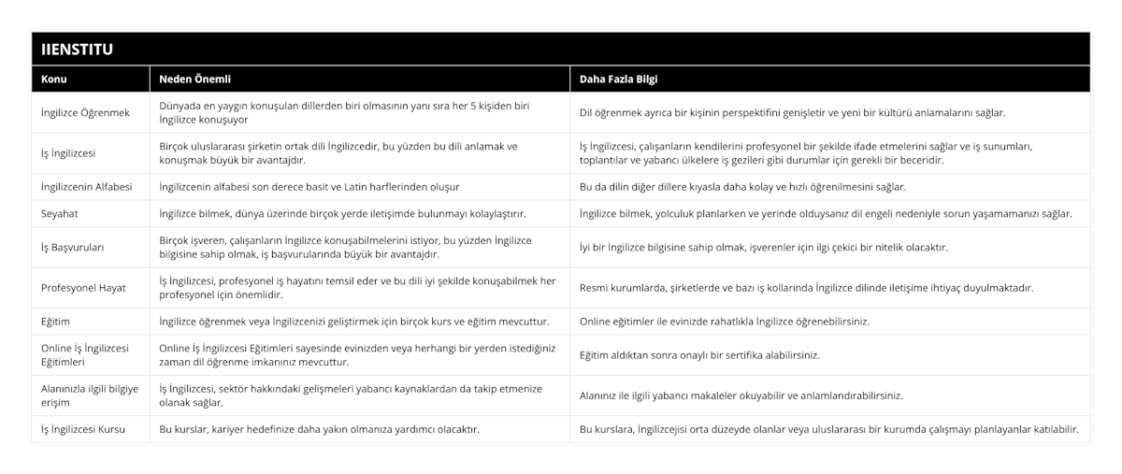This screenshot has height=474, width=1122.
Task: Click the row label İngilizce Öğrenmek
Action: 86,112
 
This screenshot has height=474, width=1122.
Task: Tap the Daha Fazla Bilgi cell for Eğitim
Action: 725,322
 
